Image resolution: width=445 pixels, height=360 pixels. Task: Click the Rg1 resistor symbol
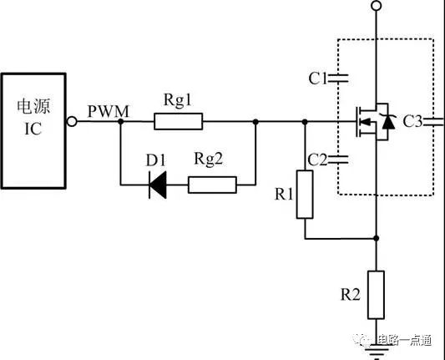pos(178,121)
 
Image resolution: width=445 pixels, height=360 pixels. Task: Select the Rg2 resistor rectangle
pos(212,185)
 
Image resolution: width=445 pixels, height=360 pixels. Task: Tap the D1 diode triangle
pos(158,185)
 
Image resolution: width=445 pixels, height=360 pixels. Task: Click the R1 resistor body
pos(305,195)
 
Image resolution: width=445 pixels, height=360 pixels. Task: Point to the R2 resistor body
pos(377,295)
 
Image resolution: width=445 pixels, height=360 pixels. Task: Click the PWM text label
pos(109,112)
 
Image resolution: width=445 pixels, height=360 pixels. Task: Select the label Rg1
pos(178,100)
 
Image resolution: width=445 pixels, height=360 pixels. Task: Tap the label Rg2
pos(209,159)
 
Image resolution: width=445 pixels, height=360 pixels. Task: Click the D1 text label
pos(155,160)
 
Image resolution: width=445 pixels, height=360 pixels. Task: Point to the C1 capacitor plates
pos(338,79)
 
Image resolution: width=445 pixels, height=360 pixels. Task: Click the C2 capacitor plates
pos(338,160)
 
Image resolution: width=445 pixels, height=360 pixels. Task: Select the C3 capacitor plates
pos(433,121)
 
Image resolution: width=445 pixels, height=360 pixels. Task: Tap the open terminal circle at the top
pos(377,6)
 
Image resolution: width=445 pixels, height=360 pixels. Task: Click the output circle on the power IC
pos(72,121)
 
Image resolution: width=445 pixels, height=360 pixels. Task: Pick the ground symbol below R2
pos(377,351)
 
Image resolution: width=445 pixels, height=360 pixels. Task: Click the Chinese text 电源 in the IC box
pos(33,106)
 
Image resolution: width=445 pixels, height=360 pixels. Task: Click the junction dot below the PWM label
pos(120,121)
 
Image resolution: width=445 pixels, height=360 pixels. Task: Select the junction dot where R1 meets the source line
pos(377,238)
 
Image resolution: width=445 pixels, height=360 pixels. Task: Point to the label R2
pos(350,295)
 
